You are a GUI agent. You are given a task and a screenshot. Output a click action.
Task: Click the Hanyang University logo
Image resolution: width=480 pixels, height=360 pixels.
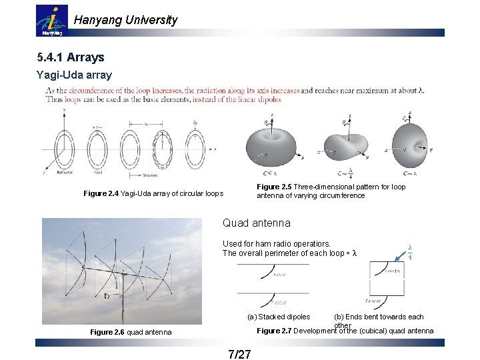pos(51,21)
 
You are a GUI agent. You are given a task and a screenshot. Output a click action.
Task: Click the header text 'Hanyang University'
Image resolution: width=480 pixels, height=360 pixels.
pos(125,20)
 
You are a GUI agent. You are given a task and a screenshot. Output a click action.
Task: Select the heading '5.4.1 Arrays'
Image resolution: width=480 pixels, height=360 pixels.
pos(71,57)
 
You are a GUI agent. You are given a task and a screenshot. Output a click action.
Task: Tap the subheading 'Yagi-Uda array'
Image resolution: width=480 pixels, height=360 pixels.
pos(74,75)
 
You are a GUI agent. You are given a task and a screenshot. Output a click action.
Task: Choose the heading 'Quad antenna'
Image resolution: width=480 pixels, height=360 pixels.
pos(257,223)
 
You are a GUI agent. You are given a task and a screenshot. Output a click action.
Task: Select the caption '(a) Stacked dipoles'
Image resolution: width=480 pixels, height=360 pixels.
pos(279,317)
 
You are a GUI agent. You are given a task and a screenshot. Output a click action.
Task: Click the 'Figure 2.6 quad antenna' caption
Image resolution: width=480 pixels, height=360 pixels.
pos(131,332)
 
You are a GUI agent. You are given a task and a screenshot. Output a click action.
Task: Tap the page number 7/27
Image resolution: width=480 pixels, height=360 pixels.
pos(239,354)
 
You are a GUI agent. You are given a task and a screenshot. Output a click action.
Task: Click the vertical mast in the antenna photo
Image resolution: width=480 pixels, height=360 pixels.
pos(122,300)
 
